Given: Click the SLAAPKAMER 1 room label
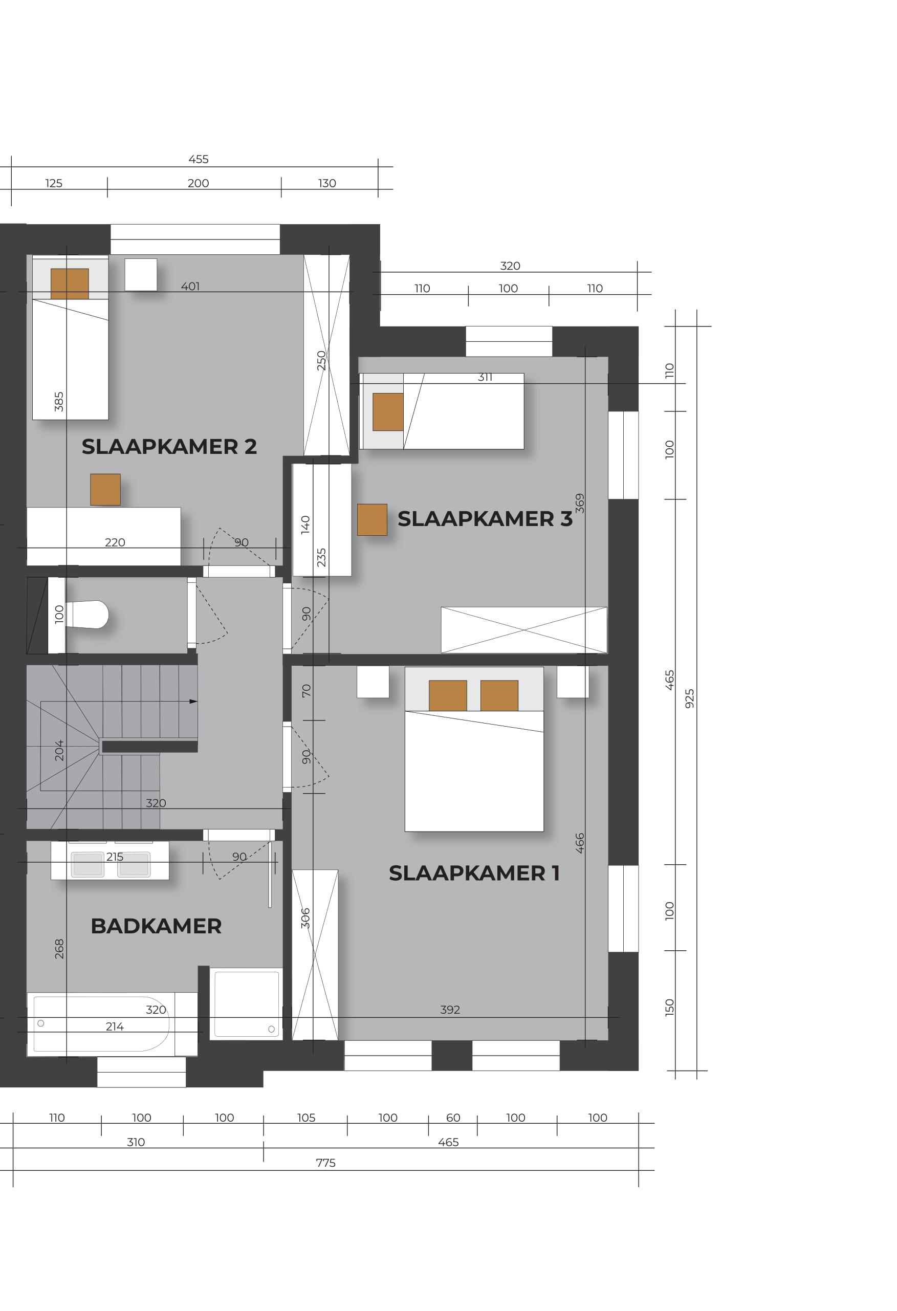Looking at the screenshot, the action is click(474, 873).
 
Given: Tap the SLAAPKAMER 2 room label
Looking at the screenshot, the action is click(169, 447).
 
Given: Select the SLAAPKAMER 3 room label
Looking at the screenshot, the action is click(485, 519).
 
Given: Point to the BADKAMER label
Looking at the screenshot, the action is click(156, 926).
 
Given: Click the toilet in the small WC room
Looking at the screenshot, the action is click(86, 615).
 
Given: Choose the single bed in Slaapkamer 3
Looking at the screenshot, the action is click(442, 411).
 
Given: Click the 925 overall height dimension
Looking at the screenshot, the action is click(689, 698).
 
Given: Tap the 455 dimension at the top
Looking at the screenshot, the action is click(199, 159).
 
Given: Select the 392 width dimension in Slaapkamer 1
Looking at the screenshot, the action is click(450, 1010).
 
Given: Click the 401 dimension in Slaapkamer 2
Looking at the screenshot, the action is click(190, 287).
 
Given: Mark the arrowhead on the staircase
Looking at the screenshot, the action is click(193, 702).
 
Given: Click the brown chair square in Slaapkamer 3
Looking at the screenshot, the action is click(373, 519).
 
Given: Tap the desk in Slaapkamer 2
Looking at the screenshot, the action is click(104, 536).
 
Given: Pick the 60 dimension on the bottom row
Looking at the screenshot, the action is click(453, 1118).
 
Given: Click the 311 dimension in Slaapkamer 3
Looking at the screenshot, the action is click(485, 378).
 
